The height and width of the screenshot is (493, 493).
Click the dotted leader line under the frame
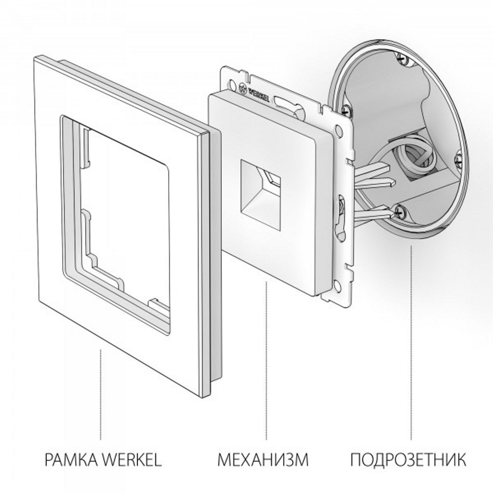(x=101, y=394)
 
